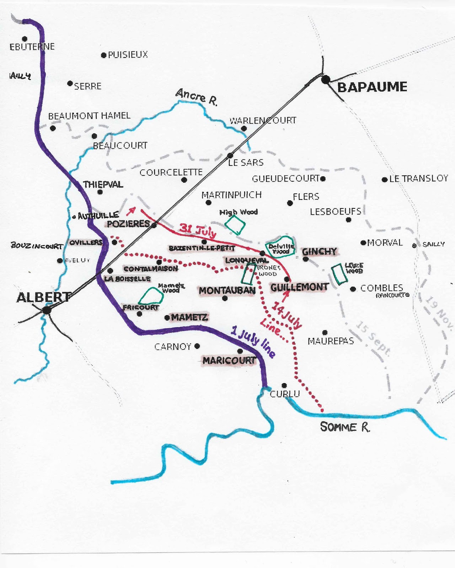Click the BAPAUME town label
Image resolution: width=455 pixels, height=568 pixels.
pyautogui.click(x=372, y=87)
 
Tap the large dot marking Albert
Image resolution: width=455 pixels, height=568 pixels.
pyautogui.click(x=46, y=310)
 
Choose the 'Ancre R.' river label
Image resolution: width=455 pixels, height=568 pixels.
pyautogui.click(x=196, y=97)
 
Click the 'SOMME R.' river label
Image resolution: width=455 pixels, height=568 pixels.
pyautogui.click(x=345, y=427)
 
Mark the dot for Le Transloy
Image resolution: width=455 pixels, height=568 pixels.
pyautogui.click(x=385, y=180)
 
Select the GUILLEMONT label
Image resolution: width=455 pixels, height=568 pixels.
pyautogui.click(x=299, y=287)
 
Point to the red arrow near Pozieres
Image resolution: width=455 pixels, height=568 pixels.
pyautogui.click(x=131, y=211)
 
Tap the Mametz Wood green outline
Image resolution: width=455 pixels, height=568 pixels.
pyautogui.click(x=150, y=296)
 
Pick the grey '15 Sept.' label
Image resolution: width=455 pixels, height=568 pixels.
pyautogui.click(x=373, y=339)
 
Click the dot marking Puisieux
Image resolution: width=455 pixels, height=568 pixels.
pyautogui.click(x=104, y=55)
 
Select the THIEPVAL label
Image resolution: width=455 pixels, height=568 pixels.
pyautogui.click(x=103, y=185)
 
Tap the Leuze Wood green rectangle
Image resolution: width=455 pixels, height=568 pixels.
pyautogui.click(x=339, y=274)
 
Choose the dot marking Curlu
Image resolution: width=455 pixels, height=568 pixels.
pyautogui.click(x=284, y=386)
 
